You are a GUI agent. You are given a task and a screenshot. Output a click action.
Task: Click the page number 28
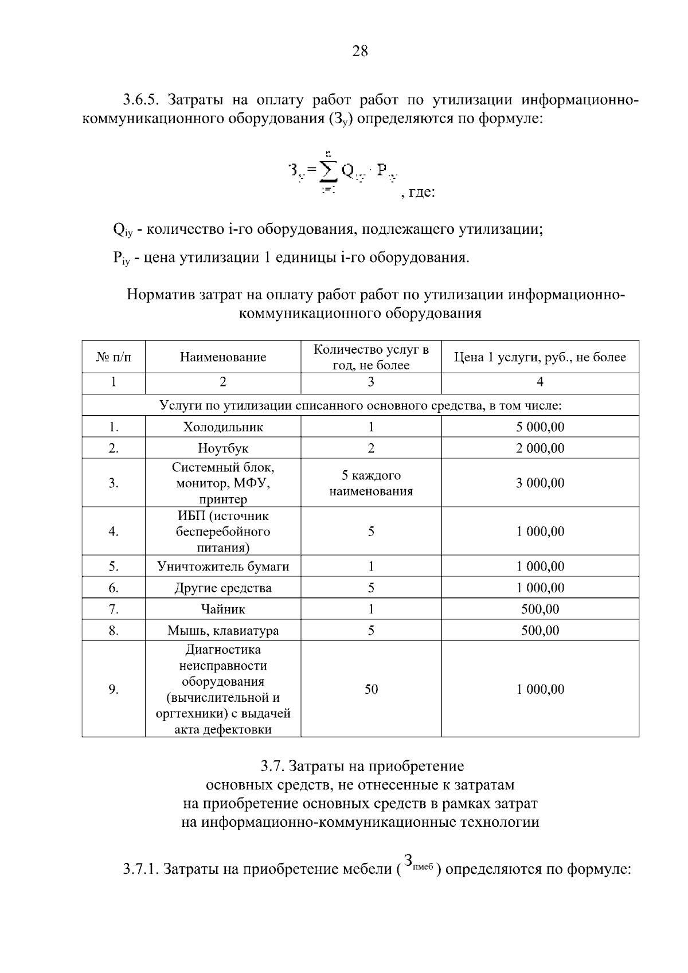click(359, 52)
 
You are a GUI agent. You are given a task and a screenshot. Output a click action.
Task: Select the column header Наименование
click(223, 357)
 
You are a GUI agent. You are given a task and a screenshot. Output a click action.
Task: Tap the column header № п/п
click(114, 357)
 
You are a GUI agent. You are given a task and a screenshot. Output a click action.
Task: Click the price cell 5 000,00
click(540, 427)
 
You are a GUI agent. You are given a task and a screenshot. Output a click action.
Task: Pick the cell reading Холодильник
click(223, 427)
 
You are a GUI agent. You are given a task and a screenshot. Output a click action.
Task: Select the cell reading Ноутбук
click(223, 448)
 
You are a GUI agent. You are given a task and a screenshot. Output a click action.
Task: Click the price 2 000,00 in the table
click(540, 448)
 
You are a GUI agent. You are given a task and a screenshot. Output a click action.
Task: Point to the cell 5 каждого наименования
click(371, 483)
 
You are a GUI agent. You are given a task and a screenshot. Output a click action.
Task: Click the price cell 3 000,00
click(540, 483)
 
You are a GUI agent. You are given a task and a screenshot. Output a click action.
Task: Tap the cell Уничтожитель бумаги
click(223, 566)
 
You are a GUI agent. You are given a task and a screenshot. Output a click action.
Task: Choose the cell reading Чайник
click(223, 609)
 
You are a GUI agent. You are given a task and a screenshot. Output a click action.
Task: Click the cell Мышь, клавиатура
click(223, 631)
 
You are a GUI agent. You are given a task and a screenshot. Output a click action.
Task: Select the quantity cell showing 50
click(371, 689)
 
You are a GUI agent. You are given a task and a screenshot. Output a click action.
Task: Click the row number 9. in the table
click(114, 689)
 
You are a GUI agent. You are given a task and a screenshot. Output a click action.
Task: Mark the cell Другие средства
click(223, 588)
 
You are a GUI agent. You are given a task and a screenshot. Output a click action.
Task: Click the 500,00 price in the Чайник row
click(540, 609)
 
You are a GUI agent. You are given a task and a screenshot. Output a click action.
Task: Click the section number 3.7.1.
click(140, 869)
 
